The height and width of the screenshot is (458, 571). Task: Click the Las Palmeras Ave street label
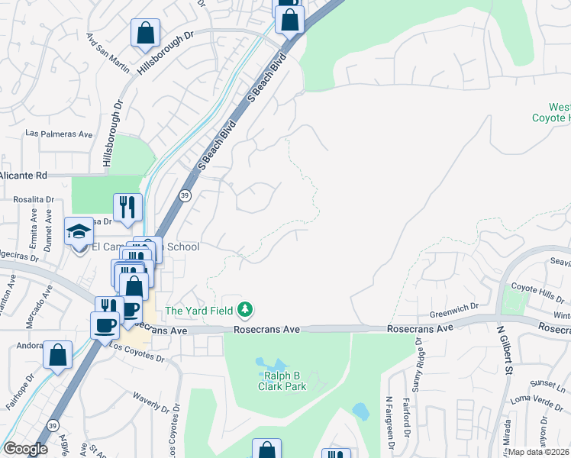[x=59, y=134]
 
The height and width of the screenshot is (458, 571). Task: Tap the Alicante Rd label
[x=23, y=175]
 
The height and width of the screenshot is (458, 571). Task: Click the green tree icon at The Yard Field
[x=245, y=309]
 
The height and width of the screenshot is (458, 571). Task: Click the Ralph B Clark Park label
[x=285, y=381]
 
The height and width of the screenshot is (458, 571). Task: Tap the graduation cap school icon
[x=79, y=232]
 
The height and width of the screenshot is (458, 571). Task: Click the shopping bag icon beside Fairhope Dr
[x=57, y=355]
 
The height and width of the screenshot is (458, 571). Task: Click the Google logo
[x=25, y=448]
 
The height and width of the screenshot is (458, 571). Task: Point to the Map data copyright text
[x=539, y=452]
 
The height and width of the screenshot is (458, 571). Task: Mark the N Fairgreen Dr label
[x=389, y=419]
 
